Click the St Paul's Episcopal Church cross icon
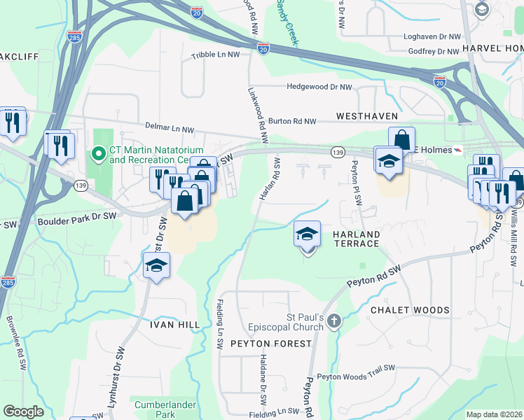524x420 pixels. (x=334, y=321)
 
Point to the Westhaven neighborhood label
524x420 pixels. (x=366, y=116)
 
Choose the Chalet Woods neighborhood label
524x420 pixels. (x=409, y=310)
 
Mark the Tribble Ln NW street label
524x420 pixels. (x=215, y=55)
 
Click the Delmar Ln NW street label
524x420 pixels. (x=169, y=129)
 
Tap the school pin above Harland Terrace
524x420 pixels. (x=307, y=235)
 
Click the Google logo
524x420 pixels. (x=24, y=412)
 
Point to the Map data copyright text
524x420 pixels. (x=493, y=414)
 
